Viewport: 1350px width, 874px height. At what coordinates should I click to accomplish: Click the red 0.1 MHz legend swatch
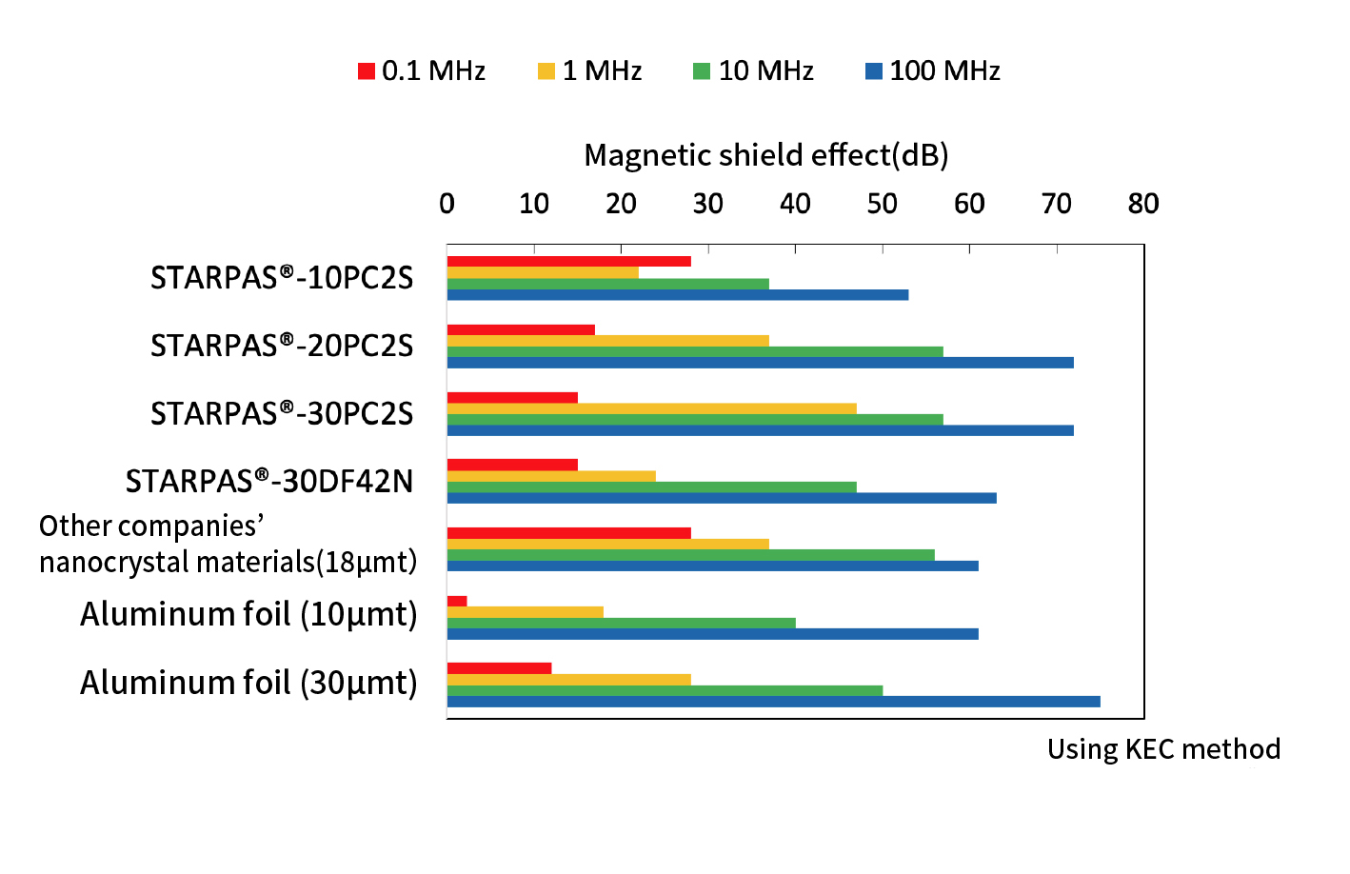[367, 71]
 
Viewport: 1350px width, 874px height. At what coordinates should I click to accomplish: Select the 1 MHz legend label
[602, 71]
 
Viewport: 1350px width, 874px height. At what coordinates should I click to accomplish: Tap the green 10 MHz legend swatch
[702, 71]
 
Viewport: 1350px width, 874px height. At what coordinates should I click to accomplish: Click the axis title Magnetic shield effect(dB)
[766, 155]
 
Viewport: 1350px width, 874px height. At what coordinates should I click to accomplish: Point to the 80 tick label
[1143, 204]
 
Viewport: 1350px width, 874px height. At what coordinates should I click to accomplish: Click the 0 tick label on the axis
[447, 204]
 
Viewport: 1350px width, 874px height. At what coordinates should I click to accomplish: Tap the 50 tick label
[883, 204]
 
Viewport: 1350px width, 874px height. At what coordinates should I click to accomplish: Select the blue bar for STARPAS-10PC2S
[677, 295]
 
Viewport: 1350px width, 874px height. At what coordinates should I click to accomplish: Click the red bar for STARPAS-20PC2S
[521, 330]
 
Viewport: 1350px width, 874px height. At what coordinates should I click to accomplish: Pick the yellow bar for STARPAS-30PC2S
[651, 408]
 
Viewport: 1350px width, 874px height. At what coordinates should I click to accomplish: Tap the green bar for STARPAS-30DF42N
[651, 487]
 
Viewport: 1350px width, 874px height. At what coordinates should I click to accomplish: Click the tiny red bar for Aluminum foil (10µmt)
[457, 601]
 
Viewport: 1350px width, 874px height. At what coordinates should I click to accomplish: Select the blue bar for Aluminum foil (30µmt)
[773, 702]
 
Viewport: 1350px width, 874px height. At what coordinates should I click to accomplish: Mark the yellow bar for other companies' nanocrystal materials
[607, 545]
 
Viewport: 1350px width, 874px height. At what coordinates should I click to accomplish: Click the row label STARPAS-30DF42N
[269, 482]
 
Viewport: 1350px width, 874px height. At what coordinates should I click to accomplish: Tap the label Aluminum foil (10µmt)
[248, 615]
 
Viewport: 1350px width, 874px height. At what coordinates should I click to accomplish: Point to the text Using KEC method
[1163, 749]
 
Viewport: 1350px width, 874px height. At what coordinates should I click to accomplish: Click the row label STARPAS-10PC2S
[282, 278]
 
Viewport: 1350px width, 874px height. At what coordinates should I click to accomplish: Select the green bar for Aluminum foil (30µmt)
[665, 690]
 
